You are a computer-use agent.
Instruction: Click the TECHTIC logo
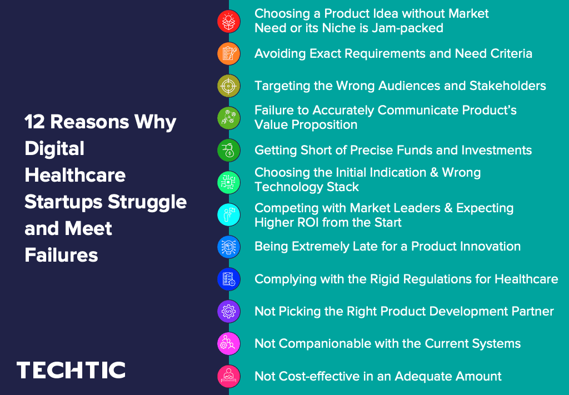coord(71,370)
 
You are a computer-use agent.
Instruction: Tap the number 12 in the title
coord(34,122)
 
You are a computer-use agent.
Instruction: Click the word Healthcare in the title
coord(75,175)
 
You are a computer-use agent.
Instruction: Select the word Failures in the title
coord(61,255)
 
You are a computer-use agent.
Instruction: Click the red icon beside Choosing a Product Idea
coord(228,21)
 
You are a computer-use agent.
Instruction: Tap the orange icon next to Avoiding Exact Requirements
coord(228,53)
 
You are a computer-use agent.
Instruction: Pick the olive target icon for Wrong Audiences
coord(228,86)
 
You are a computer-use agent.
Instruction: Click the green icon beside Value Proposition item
coord(228,118)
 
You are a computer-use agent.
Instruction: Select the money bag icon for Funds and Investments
coord(228,150)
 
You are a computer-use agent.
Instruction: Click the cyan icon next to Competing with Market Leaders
coord(228,214)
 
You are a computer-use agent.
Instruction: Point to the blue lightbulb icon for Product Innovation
coord(228,247)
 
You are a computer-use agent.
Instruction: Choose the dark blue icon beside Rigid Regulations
coord(228,279)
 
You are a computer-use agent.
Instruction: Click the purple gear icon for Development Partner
coord(228,311)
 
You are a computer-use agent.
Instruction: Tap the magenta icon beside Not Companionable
coord(228,343)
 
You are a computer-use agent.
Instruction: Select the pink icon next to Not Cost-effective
coord(228,376)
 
